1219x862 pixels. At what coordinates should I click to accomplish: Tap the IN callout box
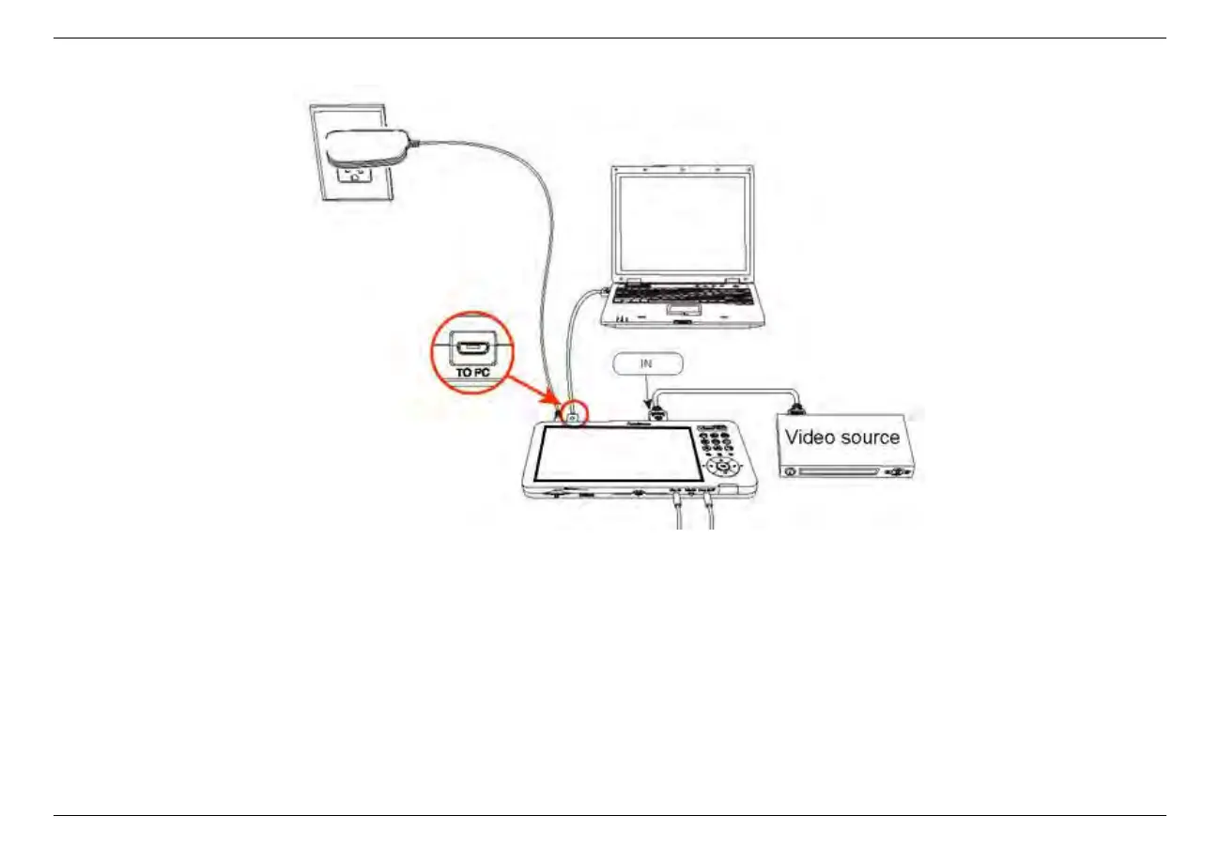tap(647, 362)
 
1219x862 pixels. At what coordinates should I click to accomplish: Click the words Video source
tap(842, 437)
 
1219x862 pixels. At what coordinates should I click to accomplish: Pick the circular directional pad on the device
tap(722, 467)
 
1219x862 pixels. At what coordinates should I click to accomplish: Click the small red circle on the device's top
tap(573, 411)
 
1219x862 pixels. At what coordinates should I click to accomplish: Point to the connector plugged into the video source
tap(799, 408)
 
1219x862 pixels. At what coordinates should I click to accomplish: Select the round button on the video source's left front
tap(791, 470)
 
